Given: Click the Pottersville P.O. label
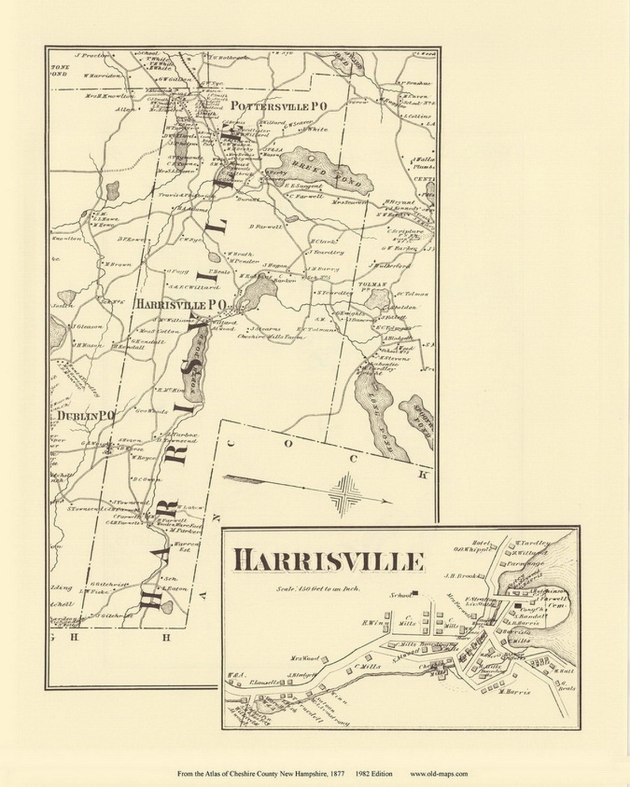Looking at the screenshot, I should pos(279,106).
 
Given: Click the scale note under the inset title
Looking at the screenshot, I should pos(319,589).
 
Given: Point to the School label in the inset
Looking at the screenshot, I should pos(401,595).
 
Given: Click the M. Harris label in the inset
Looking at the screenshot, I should pos(514,691).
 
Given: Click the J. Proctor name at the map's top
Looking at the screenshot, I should pos(92,55).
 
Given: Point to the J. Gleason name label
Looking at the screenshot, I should pos(88,326).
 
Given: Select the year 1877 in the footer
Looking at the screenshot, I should pos(340,774).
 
